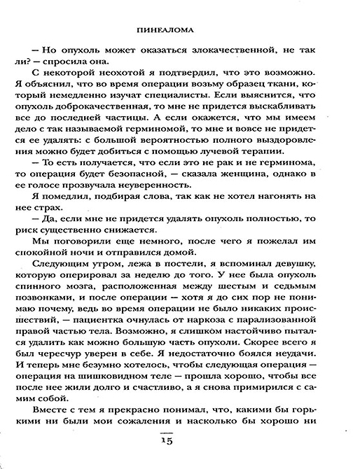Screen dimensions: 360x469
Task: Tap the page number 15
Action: click(x=179, y=439)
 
